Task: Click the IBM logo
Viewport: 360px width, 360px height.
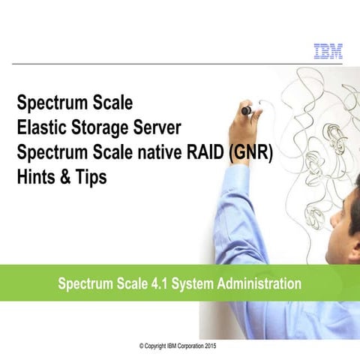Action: click(x=327, y=51)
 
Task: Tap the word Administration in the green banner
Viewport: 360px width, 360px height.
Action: click(x=256, y=285)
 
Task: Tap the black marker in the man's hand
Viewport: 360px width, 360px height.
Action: click(x=246, y=111)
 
